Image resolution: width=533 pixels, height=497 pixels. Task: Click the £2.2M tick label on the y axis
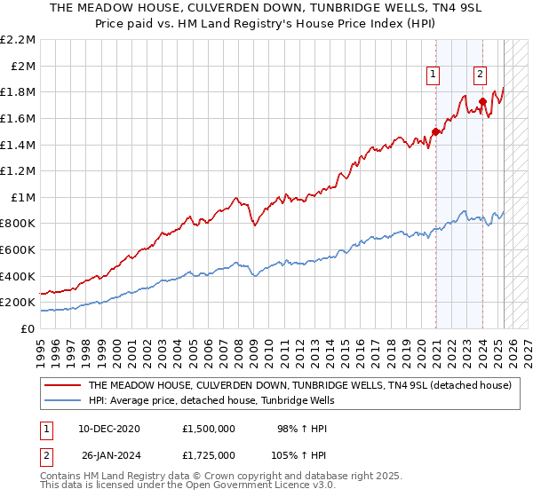click(18, 40)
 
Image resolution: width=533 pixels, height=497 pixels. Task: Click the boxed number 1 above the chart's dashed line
click(433, 75)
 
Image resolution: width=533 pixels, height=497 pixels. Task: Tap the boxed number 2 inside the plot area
click(480, 75)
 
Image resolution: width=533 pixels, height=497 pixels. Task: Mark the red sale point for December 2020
click(436, 131)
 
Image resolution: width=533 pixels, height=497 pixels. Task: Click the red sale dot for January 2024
click(482, 102)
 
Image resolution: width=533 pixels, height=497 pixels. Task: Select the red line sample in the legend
click(61, 386)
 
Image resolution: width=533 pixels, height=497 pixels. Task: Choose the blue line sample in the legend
click(61, 401)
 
